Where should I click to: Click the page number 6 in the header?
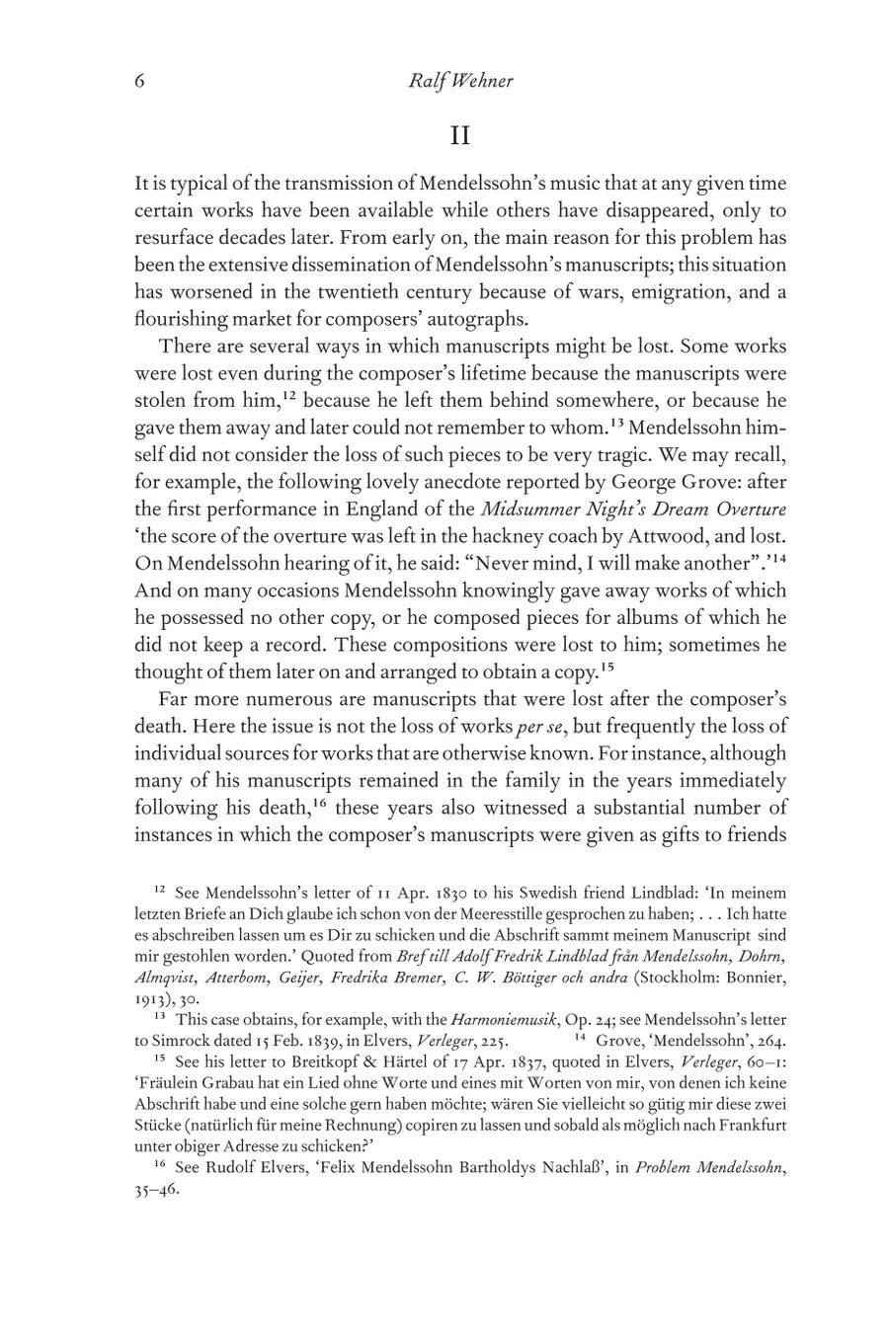coord(140,81)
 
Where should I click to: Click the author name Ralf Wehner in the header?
coord(460,81)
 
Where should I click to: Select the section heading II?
coord(460,135)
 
